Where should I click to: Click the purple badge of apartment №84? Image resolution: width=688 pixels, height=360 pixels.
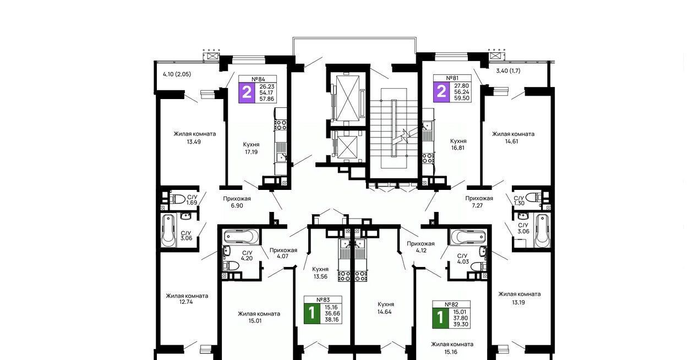click(247, 92)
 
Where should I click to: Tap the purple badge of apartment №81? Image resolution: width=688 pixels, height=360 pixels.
click(441, 92)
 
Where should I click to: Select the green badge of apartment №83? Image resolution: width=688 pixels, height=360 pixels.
click(312, 313)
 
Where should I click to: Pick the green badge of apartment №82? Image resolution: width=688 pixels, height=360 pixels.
click(440, 318)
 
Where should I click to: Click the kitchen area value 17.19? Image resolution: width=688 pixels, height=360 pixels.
click(251, 152)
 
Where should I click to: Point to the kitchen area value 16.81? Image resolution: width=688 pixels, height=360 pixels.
click(457, 148)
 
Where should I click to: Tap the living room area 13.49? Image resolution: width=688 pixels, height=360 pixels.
click(194, 142)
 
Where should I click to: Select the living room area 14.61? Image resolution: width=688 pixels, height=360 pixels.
click(512, 141)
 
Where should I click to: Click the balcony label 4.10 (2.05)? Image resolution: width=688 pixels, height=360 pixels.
click(177, 74)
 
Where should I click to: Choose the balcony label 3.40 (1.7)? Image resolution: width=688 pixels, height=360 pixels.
click(509, 70)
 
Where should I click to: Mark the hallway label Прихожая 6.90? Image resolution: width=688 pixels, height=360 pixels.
click(237, 202)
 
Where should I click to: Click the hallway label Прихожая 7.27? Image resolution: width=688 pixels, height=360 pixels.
click(479, 202)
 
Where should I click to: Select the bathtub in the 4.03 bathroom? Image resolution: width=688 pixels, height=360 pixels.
click(468, 237)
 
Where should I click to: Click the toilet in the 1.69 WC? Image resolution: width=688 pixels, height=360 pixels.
click(178, 199)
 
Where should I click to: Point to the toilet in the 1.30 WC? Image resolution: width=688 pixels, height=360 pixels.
click(533, 197)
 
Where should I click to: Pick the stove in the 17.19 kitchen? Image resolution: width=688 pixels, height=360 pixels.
click(281, 126)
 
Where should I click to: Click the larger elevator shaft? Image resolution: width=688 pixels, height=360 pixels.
click(348, 98)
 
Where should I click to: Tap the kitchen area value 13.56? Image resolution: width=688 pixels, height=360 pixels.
click(320, 276)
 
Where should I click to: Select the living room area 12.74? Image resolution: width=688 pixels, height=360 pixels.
click(186, 302)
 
